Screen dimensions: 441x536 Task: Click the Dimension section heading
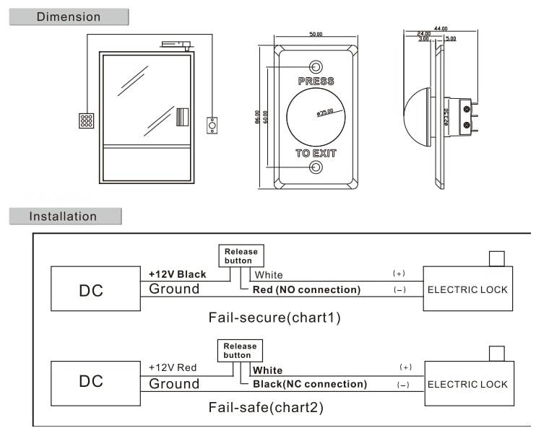pos(69,17)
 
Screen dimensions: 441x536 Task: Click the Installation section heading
pos(63,216)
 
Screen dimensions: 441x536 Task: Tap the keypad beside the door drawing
pos(86,121)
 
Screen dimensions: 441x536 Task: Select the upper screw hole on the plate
pos(316,66)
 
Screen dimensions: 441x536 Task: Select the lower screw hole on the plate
pos(316,168)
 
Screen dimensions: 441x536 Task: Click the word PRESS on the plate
pos(316,81)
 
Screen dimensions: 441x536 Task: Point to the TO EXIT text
pos(316,153)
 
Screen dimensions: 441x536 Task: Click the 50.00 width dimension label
pos(316,34)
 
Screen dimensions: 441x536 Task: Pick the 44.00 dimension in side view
pos(441,28)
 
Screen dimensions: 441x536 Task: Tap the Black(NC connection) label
pos(308,385)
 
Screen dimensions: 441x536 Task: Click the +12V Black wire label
pos(178,274)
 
